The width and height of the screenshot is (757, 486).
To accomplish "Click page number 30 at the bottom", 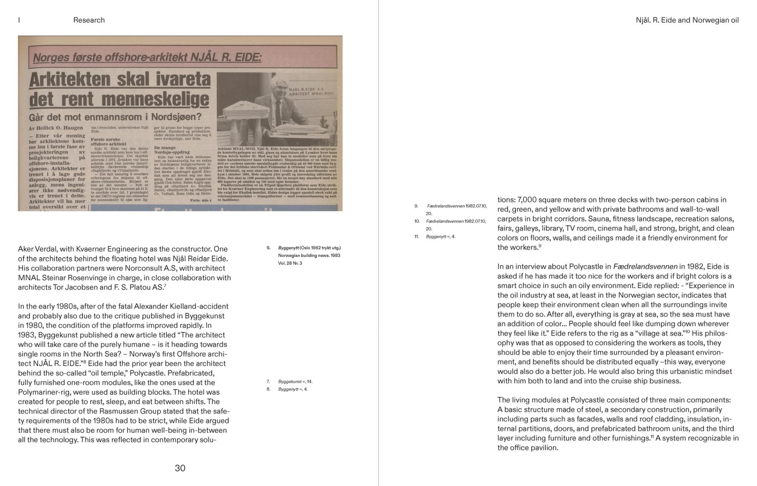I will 180,468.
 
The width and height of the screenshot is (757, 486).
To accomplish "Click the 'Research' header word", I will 89,20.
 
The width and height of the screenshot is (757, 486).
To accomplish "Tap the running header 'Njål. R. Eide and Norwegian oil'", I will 687,20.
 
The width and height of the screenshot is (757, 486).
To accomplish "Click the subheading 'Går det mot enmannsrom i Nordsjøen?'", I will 115,117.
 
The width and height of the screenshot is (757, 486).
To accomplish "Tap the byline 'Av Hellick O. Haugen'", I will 56,128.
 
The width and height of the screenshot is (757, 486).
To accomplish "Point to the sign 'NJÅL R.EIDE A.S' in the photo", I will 306,89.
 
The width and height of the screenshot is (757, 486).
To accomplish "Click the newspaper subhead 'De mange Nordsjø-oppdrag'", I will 172,150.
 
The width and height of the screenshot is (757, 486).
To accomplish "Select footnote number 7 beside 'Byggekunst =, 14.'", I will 268,382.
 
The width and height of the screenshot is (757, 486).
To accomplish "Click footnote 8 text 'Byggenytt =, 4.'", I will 293,389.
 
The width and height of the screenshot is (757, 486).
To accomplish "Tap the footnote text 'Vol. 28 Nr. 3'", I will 290,263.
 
